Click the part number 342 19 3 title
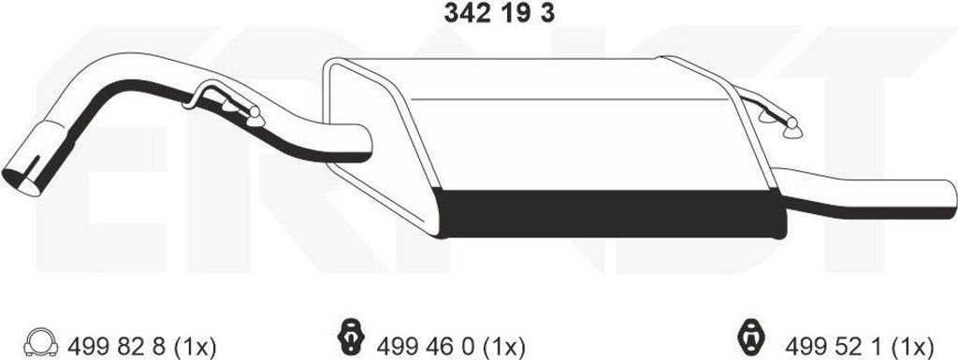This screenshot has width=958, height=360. click(500, 13)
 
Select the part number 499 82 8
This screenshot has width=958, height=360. click(115, 347)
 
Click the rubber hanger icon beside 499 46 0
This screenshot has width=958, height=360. click(351, 336)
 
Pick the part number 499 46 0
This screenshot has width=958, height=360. click(425, 347)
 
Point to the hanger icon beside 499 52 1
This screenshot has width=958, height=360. click(751, 337)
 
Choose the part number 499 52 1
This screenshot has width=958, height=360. click(833, 347)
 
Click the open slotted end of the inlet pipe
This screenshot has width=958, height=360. click(22, 174)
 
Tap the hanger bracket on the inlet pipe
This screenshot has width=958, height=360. click(224, 105)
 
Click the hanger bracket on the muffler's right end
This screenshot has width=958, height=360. click(771, 115)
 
